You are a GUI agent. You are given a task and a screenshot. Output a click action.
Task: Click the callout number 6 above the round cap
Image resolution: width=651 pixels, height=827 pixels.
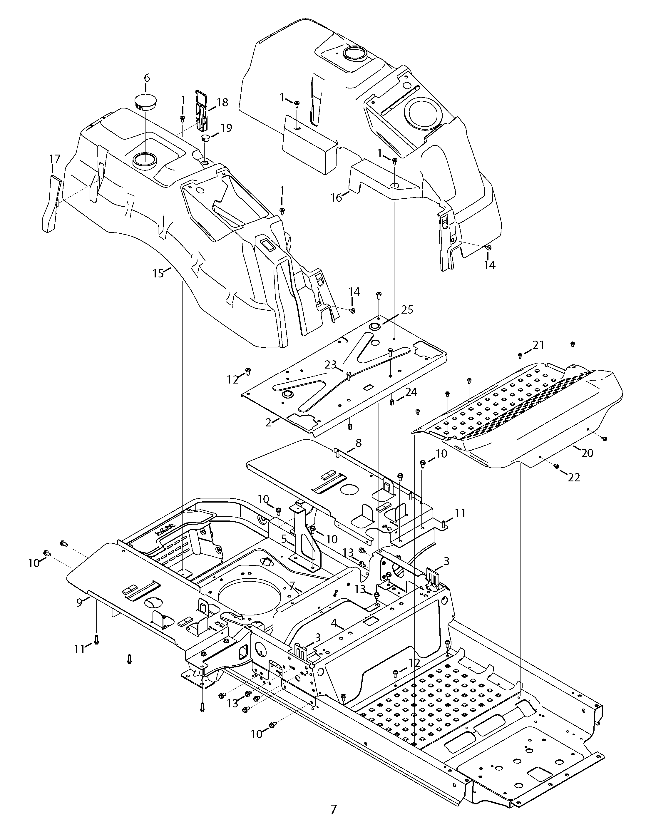click(x=147, y=78)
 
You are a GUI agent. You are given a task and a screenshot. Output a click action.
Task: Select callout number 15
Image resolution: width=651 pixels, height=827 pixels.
click(x=158, y=273)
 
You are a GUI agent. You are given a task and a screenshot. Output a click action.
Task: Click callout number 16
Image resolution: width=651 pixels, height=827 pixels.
click(x=337, y=197)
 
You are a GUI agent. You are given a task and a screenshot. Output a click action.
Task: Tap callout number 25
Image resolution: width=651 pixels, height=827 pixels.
click(x=407, y=309)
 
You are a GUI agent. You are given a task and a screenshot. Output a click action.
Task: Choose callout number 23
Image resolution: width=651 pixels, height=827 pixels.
click(x=330, y=365)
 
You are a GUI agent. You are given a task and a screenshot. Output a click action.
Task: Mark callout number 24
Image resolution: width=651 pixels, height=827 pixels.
click(x=411, y=392)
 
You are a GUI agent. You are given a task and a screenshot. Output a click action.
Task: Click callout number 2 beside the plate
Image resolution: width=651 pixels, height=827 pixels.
click(x=268, y=422)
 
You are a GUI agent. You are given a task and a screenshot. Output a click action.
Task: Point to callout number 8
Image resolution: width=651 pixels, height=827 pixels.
click(x=358, y=443)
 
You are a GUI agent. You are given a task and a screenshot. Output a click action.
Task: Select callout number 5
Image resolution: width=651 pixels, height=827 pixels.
click(x=284, y=539)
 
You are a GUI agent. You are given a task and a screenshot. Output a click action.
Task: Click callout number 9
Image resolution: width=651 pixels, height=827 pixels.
click(x=79, y=602)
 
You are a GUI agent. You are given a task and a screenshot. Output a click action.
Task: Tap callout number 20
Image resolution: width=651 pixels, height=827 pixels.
click(x=587, y=453)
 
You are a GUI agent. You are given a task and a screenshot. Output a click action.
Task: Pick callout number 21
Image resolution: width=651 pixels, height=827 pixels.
click(x=538, y=345)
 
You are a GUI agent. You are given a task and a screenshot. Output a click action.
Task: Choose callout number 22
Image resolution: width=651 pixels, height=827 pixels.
click(x=574, y=477)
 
